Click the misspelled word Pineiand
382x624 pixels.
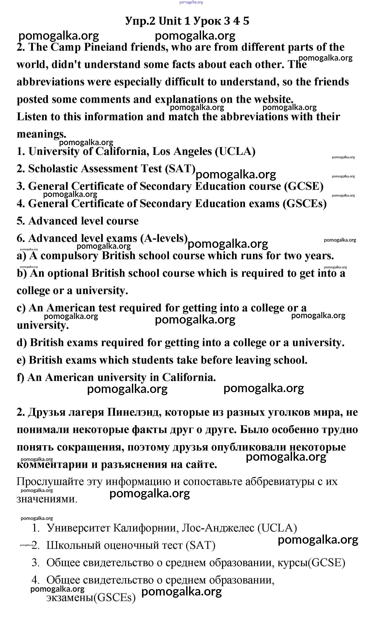105,47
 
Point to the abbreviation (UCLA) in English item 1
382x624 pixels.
235,152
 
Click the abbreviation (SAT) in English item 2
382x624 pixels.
180,169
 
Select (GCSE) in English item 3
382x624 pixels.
304,186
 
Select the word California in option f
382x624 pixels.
189,377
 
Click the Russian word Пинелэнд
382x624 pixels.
133,412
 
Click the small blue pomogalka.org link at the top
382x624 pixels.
191,2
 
